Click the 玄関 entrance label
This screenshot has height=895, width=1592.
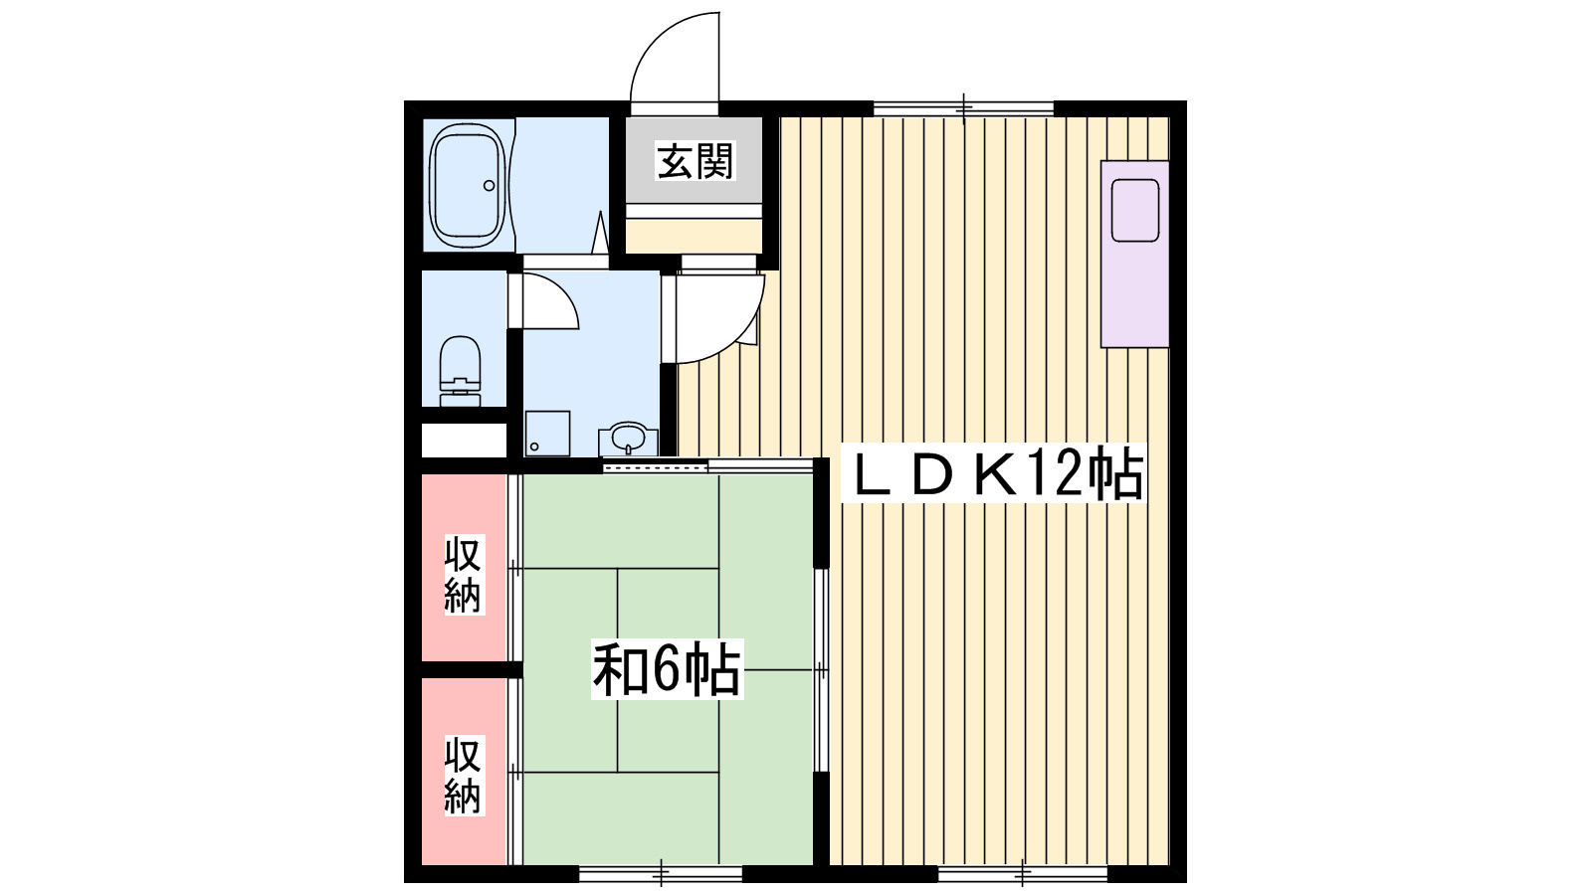[695, 161]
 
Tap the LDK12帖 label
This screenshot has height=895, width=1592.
[994, 473]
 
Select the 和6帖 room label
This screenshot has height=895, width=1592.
[667, 669]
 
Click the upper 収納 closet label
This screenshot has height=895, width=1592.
[464, 575]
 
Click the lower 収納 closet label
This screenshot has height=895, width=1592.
[464, 776]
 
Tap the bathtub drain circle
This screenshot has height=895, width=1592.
[489, 185]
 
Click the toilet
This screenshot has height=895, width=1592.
[460, 371]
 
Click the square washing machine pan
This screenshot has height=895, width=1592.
[548, 434]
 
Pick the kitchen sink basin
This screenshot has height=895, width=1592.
[1135, 210]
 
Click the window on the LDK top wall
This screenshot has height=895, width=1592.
[963, 108]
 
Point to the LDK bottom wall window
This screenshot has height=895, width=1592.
[1023, 873]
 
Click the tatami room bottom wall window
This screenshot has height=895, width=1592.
[661, 873]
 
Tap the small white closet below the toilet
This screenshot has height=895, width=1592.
[464, 441]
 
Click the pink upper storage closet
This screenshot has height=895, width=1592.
[464, 568]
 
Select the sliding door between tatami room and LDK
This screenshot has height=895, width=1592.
[822, 670]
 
